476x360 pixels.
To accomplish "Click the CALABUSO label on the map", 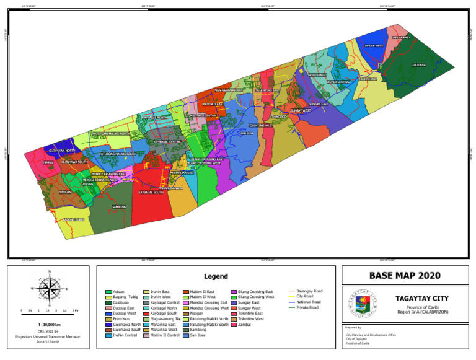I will pyautogui.click(x=419, y=65).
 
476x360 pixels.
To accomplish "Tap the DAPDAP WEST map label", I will pyautogui.click(x=373, y=46).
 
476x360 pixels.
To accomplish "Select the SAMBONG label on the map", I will pyautogui.click(x=119, y=207).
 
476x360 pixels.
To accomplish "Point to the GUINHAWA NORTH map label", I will pyautogui.click(x=61, y=151).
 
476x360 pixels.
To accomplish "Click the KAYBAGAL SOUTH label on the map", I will pyautogui.click(x=151, y=193).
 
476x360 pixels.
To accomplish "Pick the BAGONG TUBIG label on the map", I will pyautogui.click(x=73, y=219).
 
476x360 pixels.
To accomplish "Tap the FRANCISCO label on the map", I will pyautogui.click(x=279, y=116).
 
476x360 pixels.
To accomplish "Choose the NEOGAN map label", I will pyautogui.click(x=66, y=192).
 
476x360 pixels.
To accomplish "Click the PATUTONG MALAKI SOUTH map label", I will pyautogui.click(x=118, y=154).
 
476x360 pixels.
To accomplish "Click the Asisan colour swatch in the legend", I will pyautogui.click(x=109, y=291).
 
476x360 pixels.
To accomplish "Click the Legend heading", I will pyautogui.click(x=216, y=276).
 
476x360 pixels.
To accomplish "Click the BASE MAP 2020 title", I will pyautogui.click(x=405, y=275).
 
